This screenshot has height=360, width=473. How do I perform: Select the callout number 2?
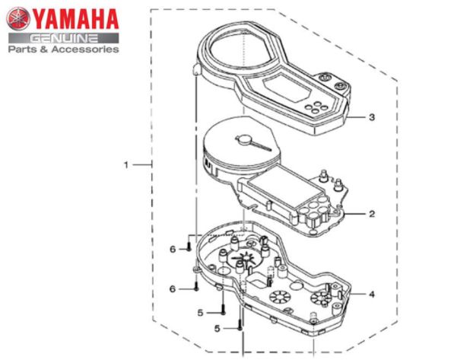pyautogui.click(x=372, y=215)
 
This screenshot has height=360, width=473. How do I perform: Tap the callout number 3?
pyautogui.click(x=372, y=118)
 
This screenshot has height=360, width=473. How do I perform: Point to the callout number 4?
pyautogui.click(x=372, y=294)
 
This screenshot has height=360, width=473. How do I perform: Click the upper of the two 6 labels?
pyautogui.click(x=173, y=249)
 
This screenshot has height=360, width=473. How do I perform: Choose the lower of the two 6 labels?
pyautogui.click(x=173, y=289)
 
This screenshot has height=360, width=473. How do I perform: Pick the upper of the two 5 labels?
pyautogui.click(x=201, y=311)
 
